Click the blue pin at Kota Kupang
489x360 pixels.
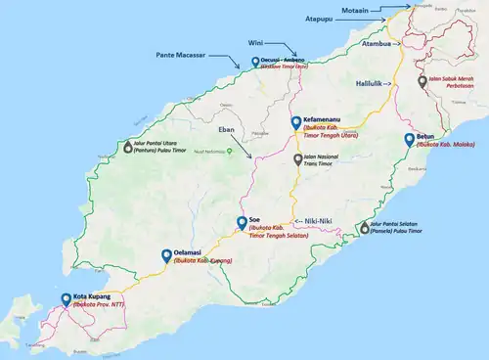(x=66, y=298)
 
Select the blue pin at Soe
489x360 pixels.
(x=242, y=223)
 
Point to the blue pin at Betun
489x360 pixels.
(x=410, y=139)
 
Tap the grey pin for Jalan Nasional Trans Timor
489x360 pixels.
(x=298, y=157)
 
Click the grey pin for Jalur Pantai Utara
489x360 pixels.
(x=127, y=147)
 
